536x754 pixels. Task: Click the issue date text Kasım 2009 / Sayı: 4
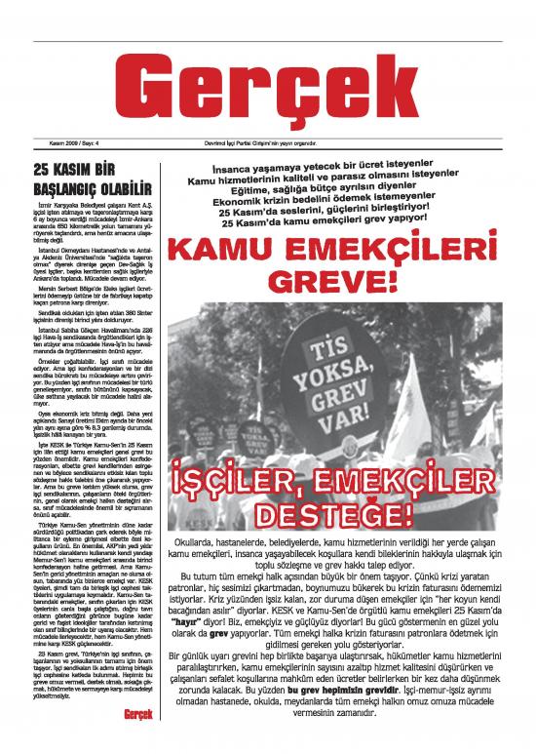click(x=59, y=144)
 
